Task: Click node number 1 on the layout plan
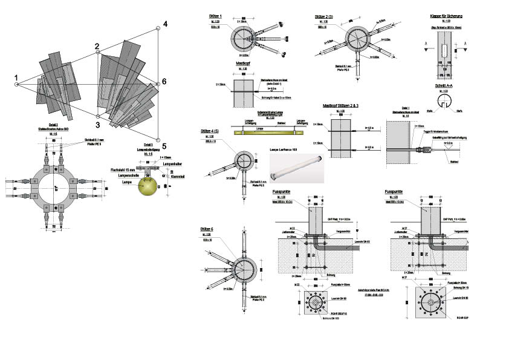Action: pos(16,77)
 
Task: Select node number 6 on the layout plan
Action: pos(163,82)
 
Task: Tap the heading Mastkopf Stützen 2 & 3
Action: pos(341,105)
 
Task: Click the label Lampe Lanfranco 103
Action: pos(285,148)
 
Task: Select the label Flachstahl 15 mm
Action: pos(123,170)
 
